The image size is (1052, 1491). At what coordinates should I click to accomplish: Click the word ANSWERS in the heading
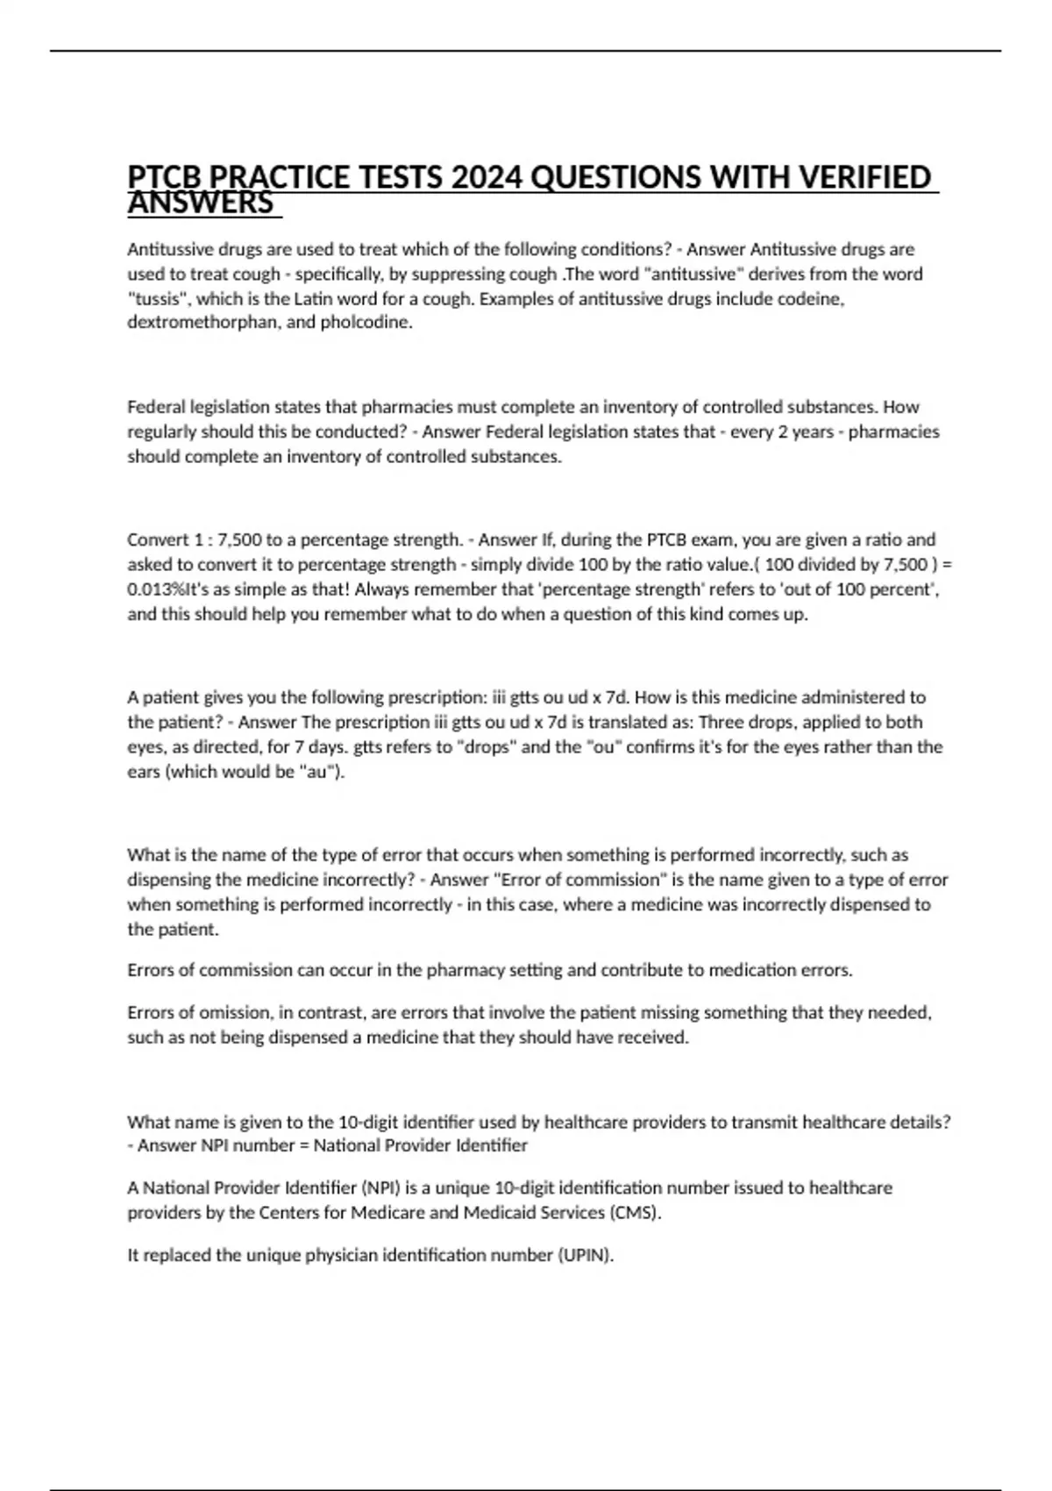pos(201,203)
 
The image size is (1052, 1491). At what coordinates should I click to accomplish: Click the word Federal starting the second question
pos(155,407)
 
